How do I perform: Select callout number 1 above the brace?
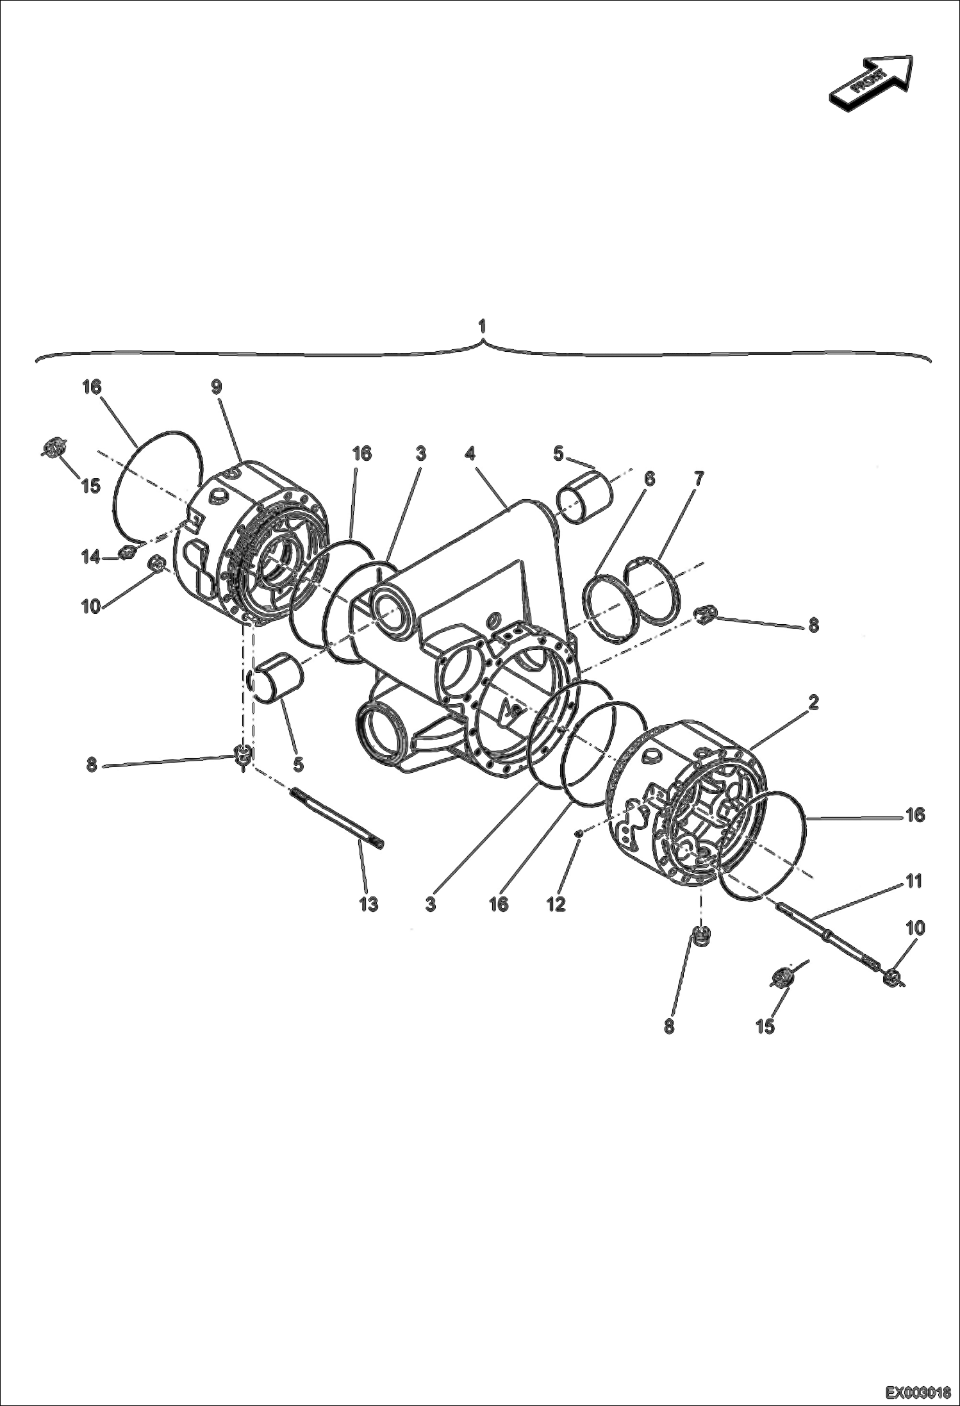click(482, 326)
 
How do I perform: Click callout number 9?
click(217, 387)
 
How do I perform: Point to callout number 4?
click(470, 454)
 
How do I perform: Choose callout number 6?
click(649, 477)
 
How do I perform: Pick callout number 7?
click(699, 477)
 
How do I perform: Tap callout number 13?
click(368, 904)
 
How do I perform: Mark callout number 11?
click(914, 881)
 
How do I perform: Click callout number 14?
click(90, 558)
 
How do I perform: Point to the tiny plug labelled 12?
click(578, 833)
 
